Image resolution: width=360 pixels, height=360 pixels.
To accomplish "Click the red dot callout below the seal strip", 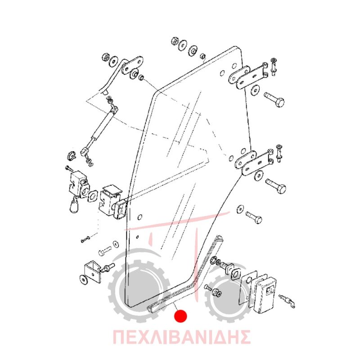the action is coord(180,316).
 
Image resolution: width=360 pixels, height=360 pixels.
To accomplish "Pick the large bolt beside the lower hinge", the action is coord(276,185).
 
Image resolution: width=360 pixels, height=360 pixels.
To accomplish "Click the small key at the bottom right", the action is coord(287,301).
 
